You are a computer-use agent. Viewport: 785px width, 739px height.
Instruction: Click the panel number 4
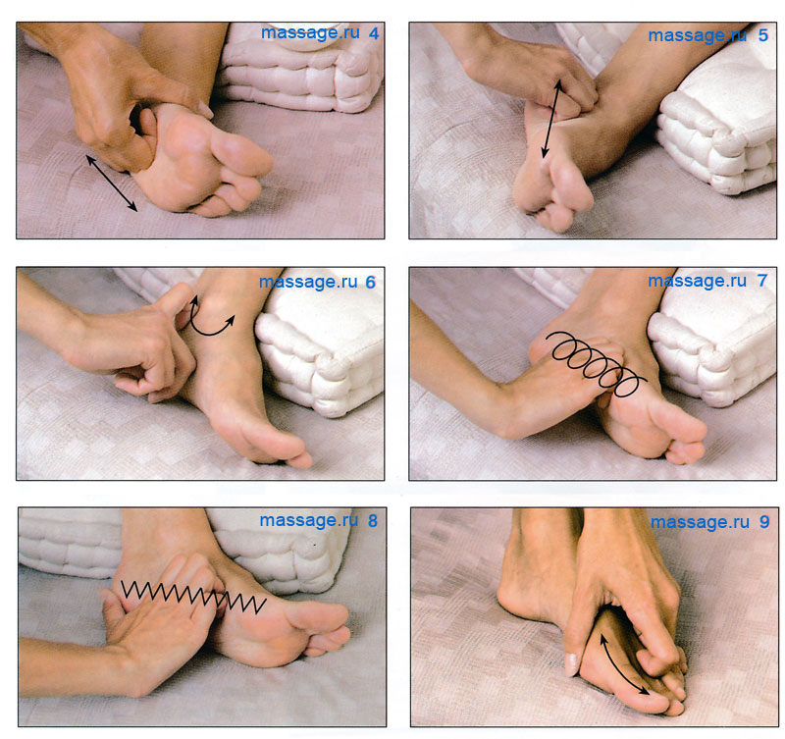pyautogui.click(x=374, y=33)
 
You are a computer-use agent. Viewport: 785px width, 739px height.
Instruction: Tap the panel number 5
pyautogui.click(x=763, y=35)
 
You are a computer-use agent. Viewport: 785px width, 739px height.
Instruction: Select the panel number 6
pyautogui.click(x=371, y=283)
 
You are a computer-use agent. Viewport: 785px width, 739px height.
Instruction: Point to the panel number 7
pyautogui.click(x=762, y=281)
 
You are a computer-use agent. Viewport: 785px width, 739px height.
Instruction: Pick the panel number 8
pyautogui.click(x=373, y=521)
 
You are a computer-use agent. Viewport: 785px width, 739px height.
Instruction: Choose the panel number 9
pyautogui.click(x=764, y=522)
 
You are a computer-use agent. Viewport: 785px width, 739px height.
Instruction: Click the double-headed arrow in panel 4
pyautogui.click(x=111, y=183)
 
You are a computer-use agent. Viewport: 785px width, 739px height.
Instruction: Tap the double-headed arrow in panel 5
pyautogui.click(x=551, y=119)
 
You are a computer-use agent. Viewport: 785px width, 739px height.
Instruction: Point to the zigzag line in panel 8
pyautogui.click(x=192, y=597)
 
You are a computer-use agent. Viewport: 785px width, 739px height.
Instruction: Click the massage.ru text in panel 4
pyautogui.click(x=310, y=33)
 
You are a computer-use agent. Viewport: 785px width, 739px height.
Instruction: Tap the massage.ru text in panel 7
pyautogui.click(x=698, y=281)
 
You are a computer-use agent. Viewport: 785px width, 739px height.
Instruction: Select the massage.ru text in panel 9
pyautogui.click(x=700, y=522)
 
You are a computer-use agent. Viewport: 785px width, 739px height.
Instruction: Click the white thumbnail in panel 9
pyautogui.click(x=571, y=664)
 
